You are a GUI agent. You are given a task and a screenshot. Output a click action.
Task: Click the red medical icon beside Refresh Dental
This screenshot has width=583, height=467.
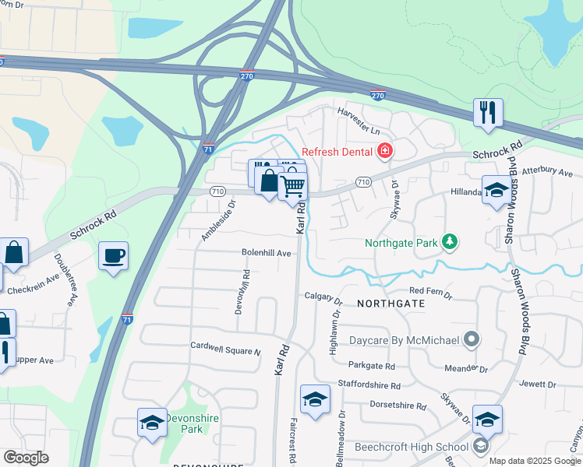[x=383, y=150]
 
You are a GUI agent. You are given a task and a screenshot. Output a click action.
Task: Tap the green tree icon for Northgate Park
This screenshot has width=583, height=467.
[x=449, y=242]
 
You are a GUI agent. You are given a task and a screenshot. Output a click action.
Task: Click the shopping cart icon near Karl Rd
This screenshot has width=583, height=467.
[x=293, y=187]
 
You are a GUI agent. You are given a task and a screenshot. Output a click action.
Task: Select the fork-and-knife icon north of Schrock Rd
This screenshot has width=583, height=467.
[x=488, y=112]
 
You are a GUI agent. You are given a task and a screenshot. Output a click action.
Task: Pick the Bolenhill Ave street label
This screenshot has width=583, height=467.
[x=266, y=253]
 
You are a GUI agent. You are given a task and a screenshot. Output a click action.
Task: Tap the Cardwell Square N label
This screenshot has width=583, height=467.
[x=225, y=347]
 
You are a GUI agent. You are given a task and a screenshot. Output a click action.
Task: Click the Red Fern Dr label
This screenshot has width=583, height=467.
[x=431, y=290]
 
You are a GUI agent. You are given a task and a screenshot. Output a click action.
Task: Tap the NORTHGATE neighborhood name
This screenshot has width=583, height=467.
[x=391, y=303]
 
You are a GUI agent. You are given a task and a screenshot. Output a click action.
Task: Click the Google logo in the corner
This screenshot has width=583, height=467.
[x=26, y=458]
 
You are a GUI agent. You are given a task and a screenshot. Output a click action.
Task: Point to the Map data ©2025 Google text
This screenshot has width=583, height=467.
[x=535, y=461]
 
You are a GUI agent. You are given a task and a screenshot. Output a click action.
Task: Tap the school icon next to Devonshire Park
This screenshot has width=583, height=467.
[x=152, y=423]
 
